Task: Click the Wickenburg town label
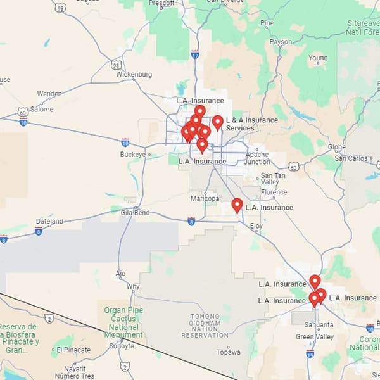click(134, 74)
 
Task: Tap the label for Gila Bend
click(135, 213)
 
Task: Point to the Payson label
click(281, 42)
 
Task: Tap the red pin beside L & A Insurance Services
click(217, 122)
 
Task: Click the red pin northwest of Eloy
click(237, 205)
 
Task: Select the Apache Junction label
click(257, 158)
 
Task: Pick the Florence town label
click(274, 192)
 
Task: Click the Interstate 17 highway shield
click(194, 54)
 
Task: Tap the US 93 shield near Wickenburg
click(116, 65)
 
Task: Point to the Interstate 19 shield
click(310, 355)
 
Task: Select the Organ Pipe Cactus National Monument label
click(124, 322)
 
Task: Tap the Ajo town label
click(121, 274)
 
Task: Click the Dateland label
click(49, 222)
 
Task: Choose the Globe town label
click(336, 148)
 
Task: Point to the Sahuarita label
click(315, 325)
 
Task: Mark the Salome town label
click(42, 109)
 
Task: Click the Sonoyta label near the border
click(121, 346)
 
